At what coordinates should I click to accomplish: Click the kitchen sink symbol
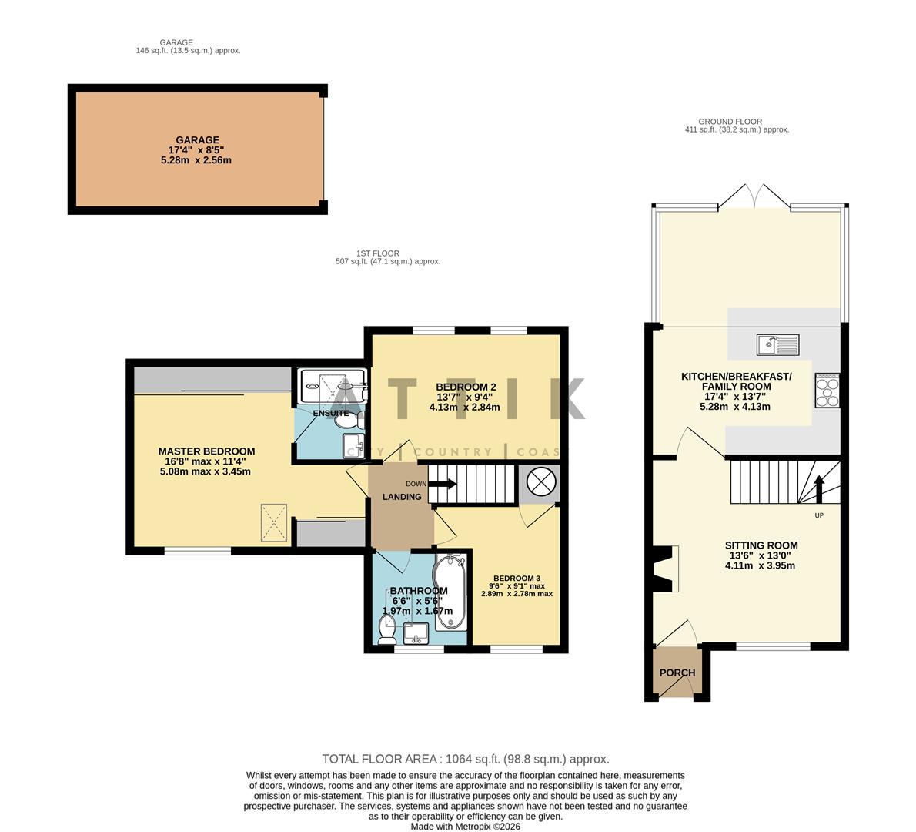pyautogui.click(x=777, y=344)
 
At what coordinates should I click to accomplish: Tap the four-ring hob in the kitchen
pyautogui.click(x=827, y=390)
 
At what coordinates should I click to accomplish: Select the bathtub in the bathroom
pyautogui.click(x=449, y=592)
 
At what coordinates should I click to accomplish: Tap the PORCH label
pyautogui.click(x=677, y=673)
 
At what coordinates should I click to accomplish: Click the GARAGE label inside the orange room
pyautogui.click(x=198, y=140)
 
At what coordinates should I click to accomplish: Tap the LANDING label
pyautogui.click(x=402, y=497)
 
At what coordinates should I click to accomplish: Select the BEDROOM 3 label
pyautogui.click(x=517, y=579)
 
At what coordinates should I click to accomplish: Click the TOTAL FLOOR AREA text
pyautogui.click(x=465, y=759)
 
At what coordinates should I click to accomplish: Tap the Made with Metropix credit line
pyautogui.click(x=465, y=826)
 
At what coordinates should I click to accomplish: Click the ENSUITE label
pyautogui.click(x=331, y=414)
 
